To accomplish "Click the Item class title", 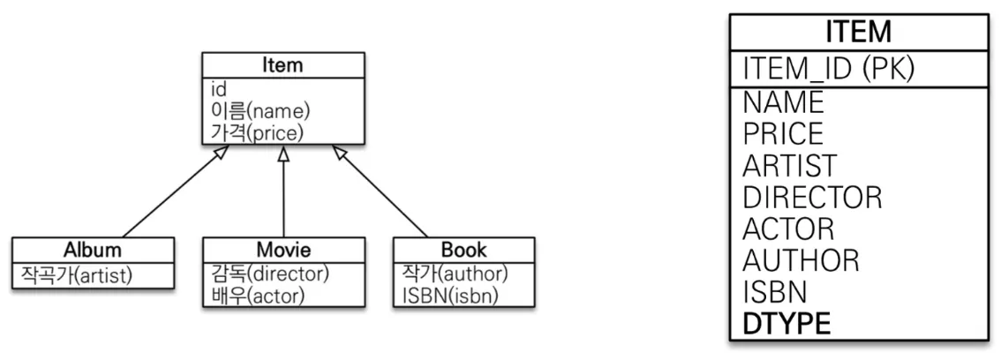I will click(x=282, y=65).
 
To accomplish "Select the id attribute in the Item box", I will click(x=219, y=89).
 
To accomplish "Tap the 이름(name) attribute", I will click(x=260, y=111).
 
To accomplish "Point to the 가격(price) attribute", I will click(x=257, y=132).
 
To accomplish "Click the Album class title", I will click(x=93, y=250).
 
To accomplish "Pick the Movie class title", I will click(x=283, y=250).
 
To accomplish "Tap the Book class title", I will click(x=464, y=250).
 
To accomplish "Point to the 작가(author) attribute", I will click(x=450, y=274).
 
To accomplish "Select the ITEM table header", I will click(x=858, y=33).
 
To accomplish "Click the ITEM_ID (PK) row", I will click(x=828, y=69).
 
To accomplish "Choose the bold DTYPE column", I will click(x=786, y=324).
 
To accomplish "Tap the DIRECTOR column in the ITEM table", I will click(x=812, y=197).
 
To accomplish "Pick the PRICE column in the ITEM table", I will click(x=783, y=133).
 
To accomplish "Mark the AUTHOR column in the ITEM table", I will click(x=801, y=260).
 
